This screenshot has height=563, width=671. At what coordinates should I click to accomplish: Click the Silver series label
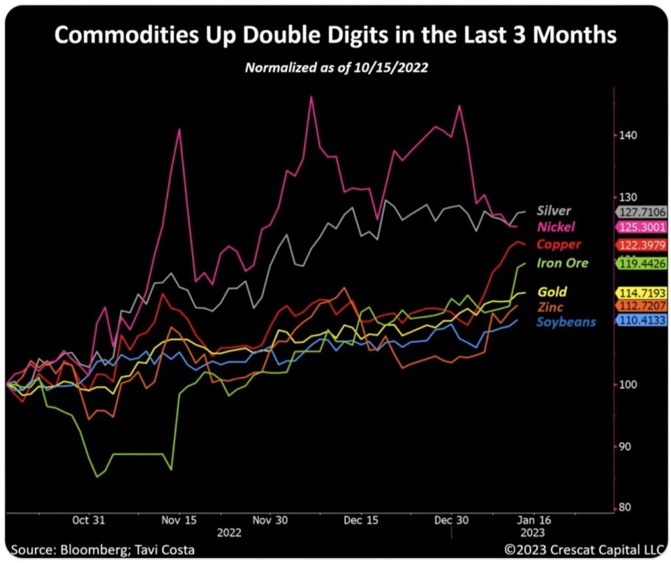(x=554, y=211)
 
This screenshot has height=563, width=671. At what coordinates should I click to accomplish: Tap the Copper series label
(x=558, y=244)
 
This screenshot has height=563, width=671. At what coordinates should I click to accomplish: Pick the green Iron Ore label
(x=562, y=263)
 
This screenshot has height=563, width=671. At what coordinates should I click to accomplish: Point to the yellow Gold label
(x=552, y=292)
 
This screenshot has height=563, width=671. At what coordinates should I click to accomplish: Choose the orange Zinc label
(x=550, y=307)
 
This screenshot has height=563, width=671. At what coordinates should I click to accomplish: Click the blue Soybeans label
(x=566, y=322)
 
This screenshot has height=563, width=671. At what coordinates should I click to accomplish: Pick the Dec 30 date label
(x=452, y=520)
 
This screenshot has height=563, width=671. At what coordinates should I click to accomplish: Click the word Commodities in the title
(x=127, y=35)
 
